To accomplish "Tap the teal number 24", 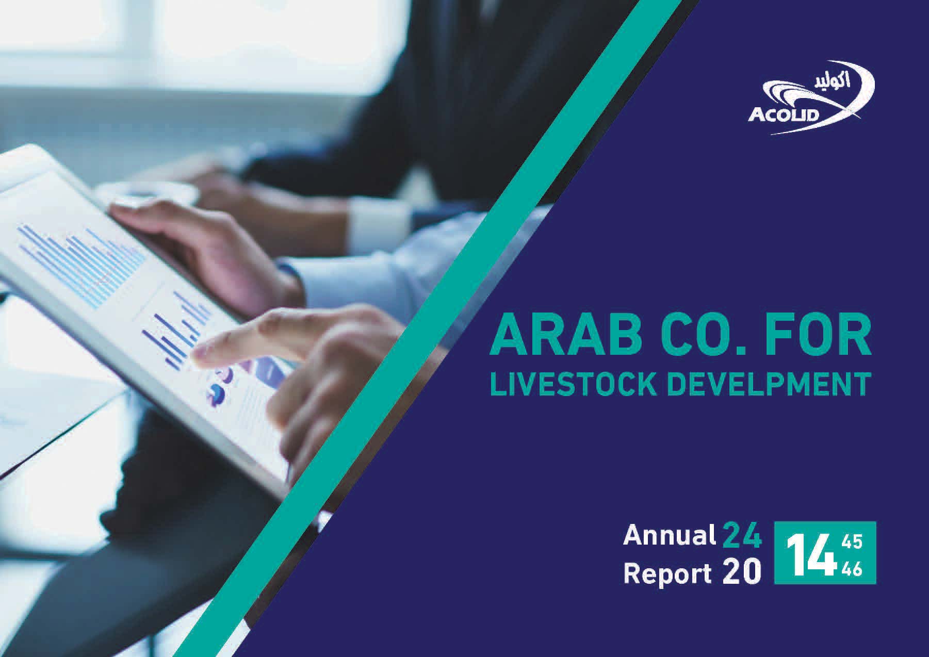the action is pos(741,536).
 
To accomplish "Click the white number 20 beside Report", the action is pos(741,573).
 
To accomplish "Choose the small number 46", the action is pos(851,569).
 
